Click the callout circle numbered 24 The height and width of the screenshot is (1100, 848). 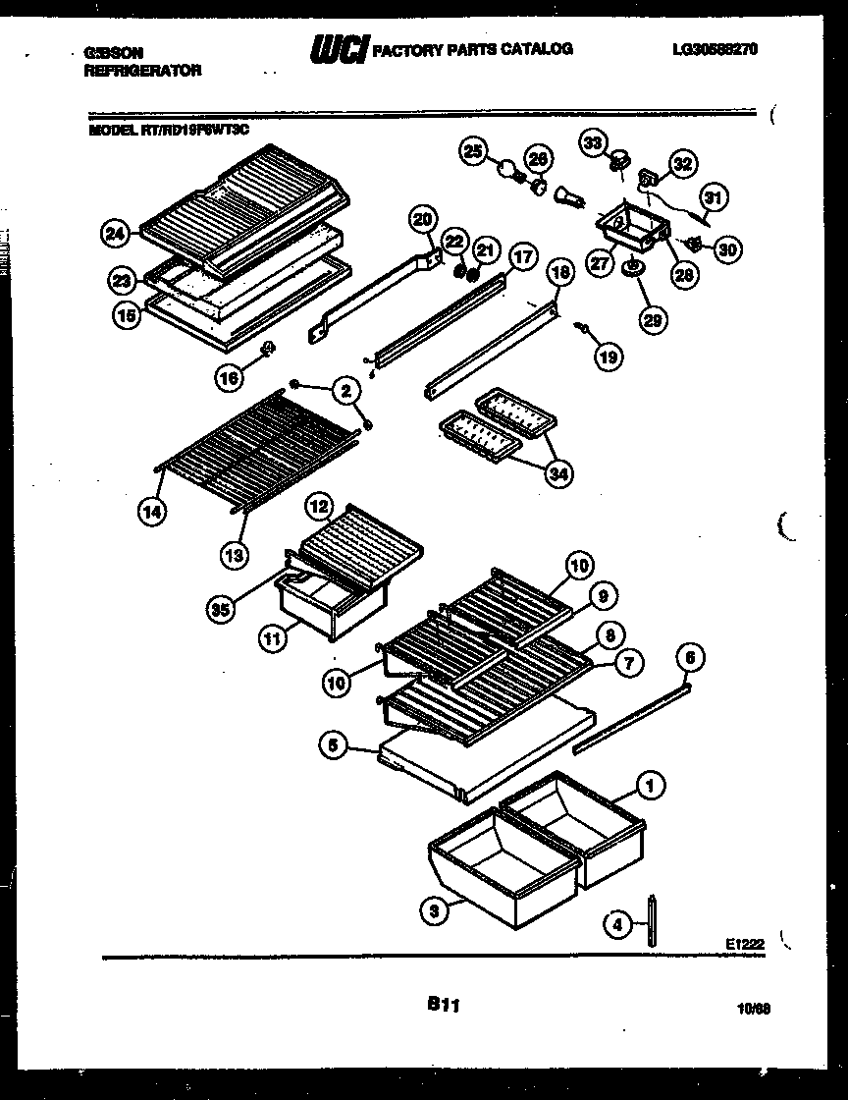pyautogui.click(x=115, y=234)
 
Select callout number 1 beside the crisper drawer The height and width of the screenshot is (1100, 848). pyautogui.click(x=649, y=784)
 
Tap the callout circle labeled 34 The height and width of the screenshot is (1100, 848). pyautogui.click(x=558, y=474)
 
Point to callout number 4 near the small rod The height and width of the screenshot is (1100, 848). pyautogui.click(x=616, y=924)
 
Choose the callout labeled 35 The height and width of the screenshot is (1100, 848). pyautogui.click(x=222, y=610)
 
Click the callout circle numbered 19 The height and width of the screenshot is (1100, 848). pyautogui.click(x=608, y=357)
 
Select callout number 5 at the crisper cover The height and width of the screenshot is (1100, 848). pyautogui.click(x=334, y=747)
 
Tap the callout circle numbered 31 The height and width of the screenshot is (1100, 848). pyautogui.click(x=715, y=197)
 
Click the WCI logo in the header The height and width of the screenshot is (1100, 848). pyautogui.click(x=337, y=49)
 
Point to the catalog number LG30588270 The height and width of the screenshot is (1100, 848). pyautogui.click(x=715, y=48)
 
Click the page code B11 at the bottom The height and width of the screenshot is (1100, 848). pyautogui.click(x=444, y=1004)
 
